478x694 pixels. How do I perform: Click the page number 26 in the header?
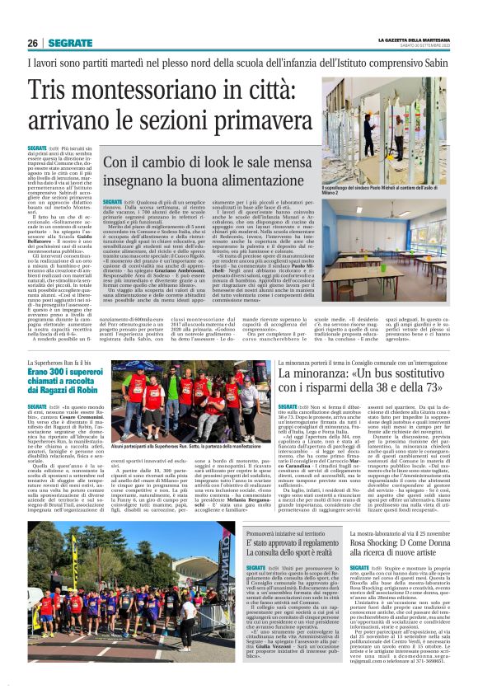33,43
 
